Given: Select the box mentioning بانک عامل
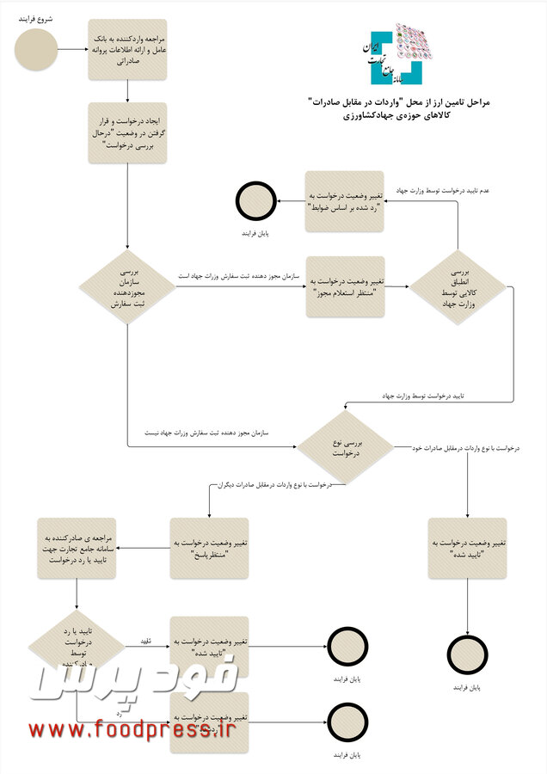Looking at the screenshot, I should [x=127, y=49].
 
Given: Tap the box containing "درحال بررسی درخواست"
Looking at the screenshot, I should [x=127, y=132].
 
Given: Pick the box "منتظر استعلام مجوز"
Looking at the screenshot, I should [x=345, y=287].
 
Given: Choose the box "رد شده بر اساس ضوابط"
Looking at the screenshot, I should [x=345, y=200].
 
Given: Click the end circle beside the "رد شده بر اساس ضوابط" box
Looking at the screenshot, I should [x=255, y=201].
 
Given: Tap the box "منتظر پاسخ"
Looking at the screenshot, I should [x=209, y=547].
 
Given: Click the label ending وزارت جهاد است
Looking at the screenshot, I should [x=241, y=276].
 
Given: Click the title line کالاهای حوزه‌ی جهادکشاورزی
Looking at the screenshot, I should [x=401, y=116].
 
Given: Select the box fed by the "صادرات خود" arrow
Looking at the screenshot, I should [x=467, y=547].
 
